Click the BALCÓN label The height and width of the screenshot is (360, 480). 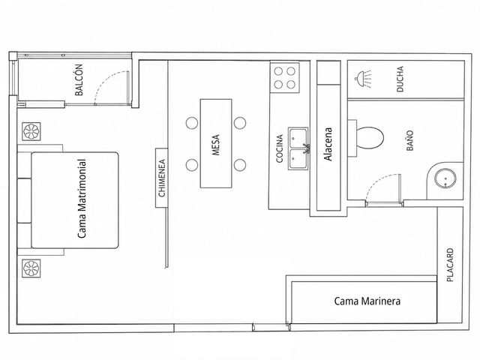79,80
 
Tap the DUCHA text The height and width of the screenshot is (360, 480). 400,79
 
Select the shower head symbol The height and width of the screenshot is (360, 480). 363,79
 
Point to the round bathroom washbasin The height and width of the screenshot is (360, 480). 445,178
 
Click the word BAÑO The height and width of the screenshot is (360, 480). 410,140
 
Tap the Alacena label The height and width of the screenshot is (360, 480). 328,144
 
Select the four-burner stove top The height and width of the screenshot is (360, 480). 284,78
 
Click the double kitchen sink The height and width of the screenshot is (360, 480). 298,148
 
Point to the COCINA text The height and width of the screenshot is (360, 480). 279,148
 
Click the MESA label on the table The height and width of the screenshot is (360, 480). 216,145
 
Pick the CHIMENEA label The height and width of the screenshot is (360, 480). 162,178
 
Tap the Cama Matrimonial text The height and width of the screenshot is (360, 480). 82,199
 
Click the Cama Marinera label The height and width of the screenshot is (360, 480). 367,301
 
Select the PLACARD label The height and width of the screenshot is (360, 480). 450,265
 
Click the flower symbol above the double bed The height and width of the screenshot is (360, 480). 31,132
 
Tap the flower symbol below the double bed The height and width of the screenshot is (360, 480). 31,268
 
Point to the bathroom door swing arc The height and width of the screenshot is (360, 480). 377,181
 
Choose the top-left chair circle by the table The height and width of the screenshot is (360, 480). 192,123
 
